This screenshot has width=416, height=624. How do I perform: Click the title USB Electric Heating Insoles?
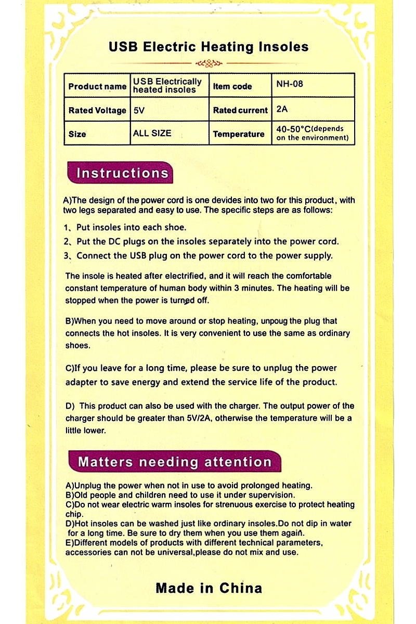pyautogui.click(x=209, y=47)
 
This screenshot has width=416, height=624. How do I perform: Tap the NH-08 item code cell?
pyautogui.click(x=290, y=84)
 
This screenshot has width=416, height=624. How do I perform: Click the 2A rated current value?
pyautogui.click(x=282, y=110)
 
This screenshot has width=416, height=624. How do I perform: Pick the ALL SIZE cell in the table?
pyautogui.click(x=152, y=134)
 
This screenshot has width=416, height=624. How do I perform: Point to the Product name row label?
pyautogui.click(x=97, y=86)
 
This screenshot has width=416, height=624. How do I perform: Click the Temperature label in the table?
pyautogui.click(x=239, y=134)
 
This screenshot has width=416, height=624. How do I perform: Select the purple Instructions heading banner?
pyautogui.click(x=122, y=173)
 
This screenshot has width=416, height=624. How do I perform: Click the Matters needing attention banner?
pyautogui.click(x=175, y=462)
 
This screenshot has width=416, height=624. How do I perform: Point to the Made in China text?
pyautogui.click(x=209, y=588)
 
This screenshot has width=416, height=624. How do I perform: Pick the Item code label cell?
pyautogui.click(x=232, y=86)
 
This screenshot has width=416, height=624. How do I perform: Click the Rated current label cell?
pyautogui.click(x=240, y=110)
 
